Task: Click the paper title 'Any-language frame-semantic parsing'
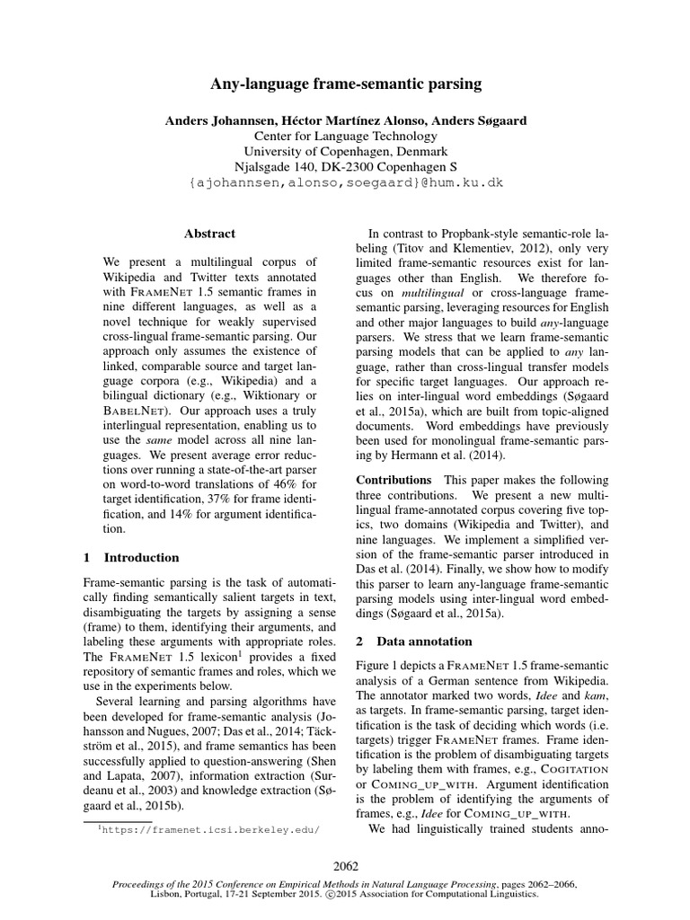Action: point(345,84)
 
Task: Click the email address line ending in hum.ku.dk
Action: point(346,182)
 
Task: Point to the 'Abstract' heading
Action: point(209,234)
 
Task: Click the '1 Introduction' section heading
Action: point(131,557)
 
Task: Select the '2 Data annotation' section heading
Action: point(413,641)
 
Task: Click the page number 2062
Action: point(345,866)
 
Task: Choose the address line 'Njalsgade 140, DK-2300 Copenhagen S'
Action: point(345,167)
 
